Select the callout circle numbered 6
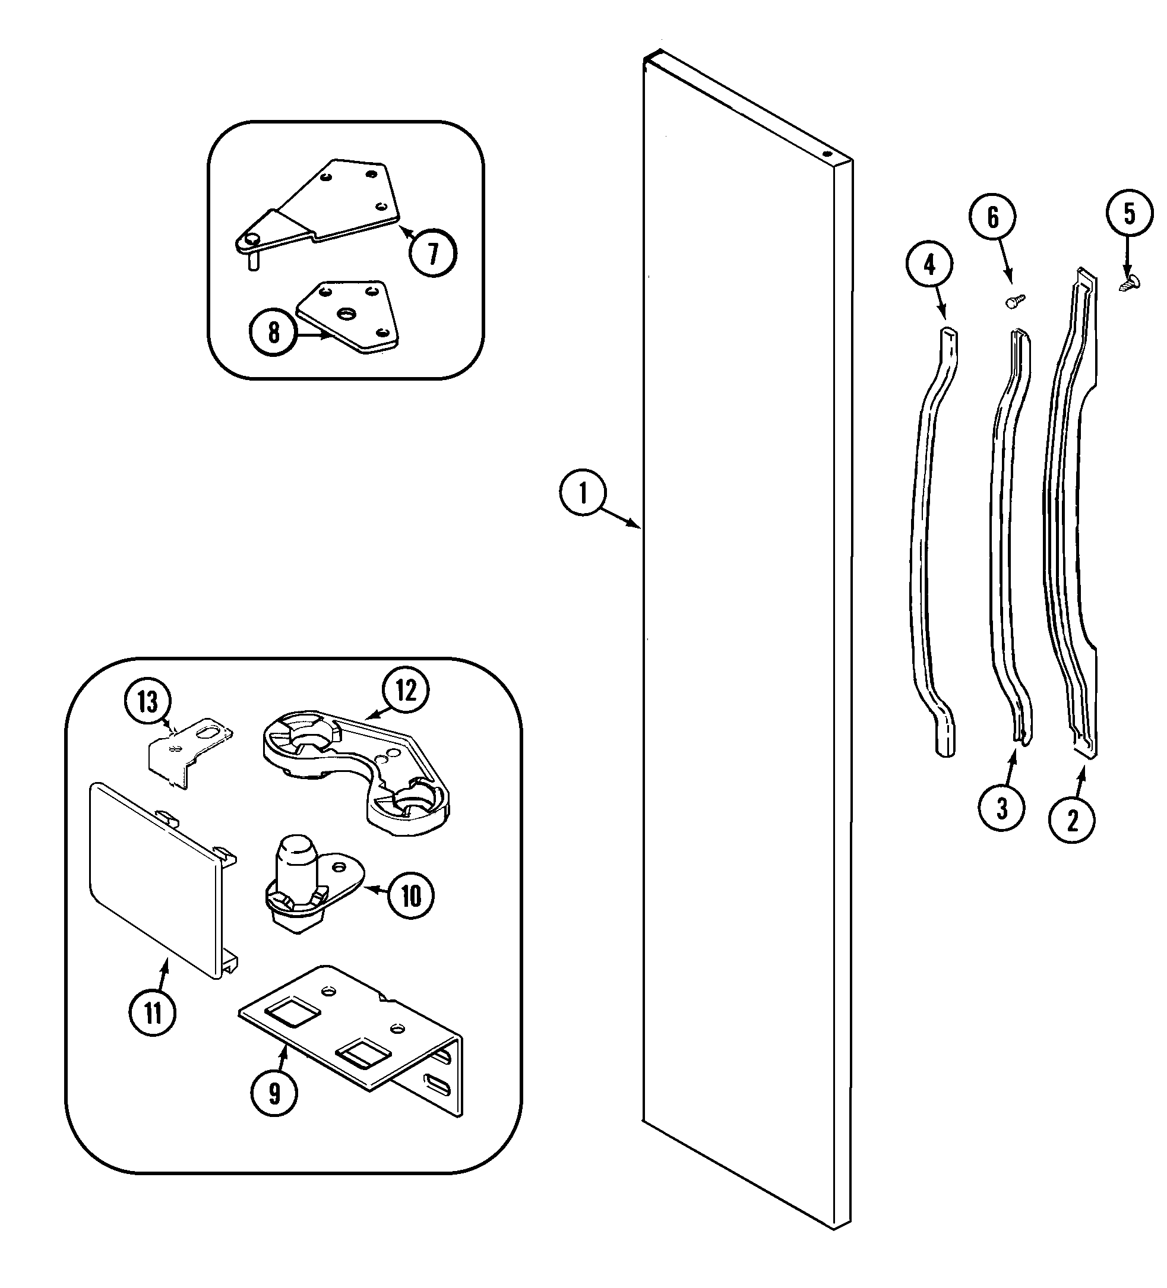992,218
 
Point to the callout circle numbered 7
434,253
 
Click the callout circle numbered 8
273,332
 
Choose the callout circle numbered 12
406,691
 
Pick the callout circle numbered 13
148,701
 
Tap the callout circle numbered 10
411,895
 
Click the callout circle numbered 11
153,1012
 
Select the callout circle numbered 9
274,1093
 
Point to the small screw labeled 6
1016,301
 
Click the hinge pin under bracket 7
253,261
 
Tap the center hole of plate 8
347,314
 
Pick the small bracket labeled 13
185,748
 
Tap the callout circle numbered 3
1001,809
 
